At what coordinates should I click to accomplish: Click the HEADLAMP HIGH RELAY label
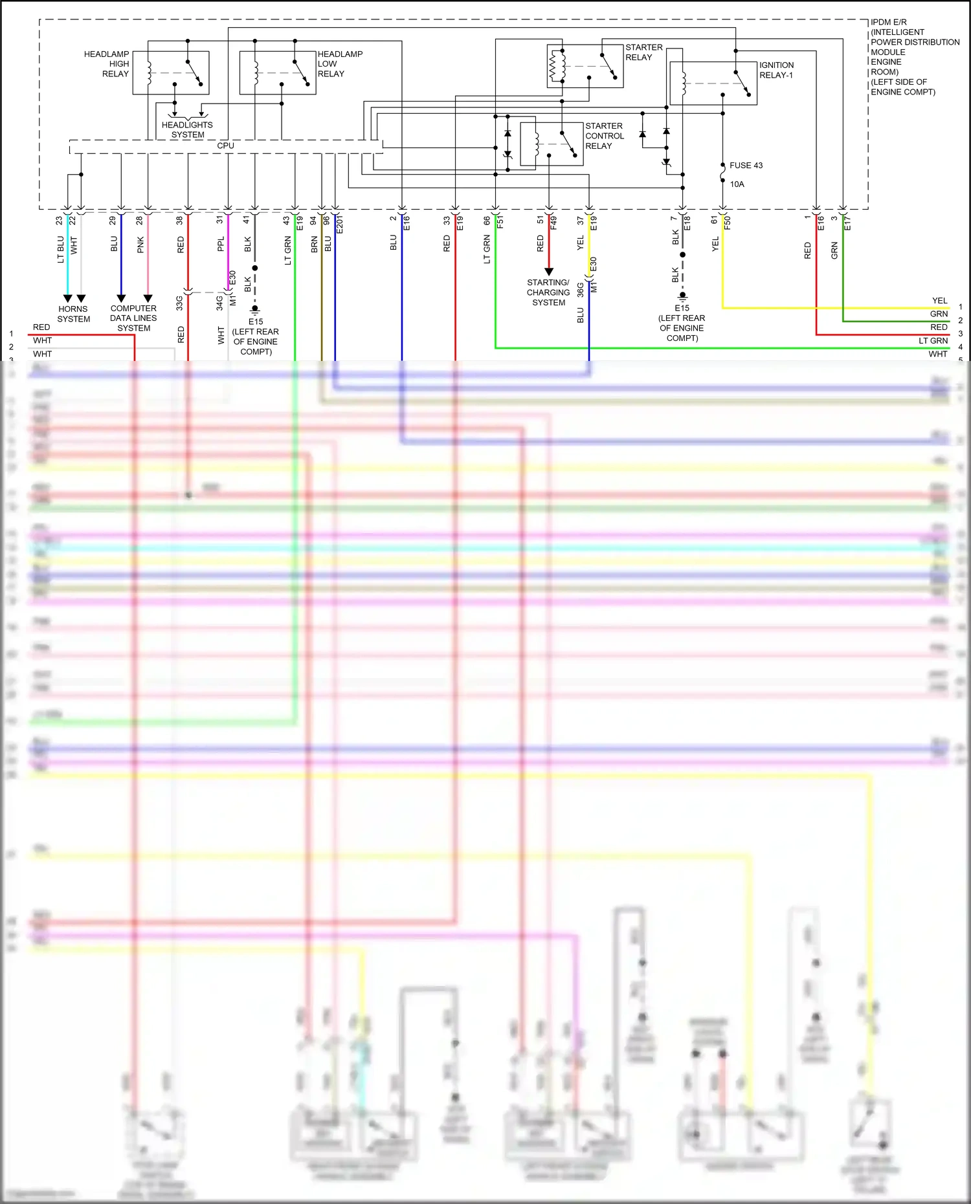(x=107, y=64)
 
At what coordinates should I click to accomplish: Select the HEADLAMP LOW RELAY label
(x=339, y=64)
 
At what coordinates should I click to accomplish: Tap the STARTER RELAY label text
(x=643, y=52)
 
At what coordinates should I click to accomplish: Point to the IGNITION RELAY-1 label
(x=776, y=70)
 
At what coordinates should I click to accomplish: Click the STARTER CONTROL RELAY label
(x=604, y=136)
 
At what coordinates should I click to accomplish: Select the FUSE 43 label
(x=746, y=166)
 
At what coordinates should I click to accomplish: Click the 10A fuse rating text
(x=737, y=184)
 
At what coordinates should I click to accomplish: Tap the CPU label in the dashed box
(x=225, y=146)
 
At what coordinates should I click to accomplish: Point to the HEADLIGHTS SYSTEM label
(x=187, y=130)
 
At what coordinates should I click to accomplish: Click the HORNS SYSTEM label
(x=73, y=314)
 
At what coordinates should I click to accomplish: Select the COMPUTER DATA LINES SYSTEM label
(x=133, y=318)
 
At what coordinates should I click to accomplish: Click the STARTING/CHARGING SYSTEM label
(x=548, y=292)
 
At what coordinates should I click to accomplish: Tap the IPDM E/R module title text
(x=914, y=57)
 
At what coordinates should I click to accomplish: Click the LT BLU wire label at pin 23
(x=61, y=249)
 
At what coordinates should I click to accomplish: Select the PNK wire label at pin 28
(x=140, y=245)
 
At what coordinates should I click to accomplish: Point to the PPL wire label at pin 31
(x=221, y=244)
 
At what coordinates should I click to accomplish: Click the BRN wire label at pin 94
(x=315, y=245)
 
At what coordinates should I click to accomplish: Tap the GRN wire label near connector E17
(x=834, y=250)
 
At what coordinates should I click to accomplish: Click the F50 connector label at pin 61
(x=728, y=223)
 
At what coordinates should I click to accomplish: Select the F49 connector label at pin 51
(x=553, y=223)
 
